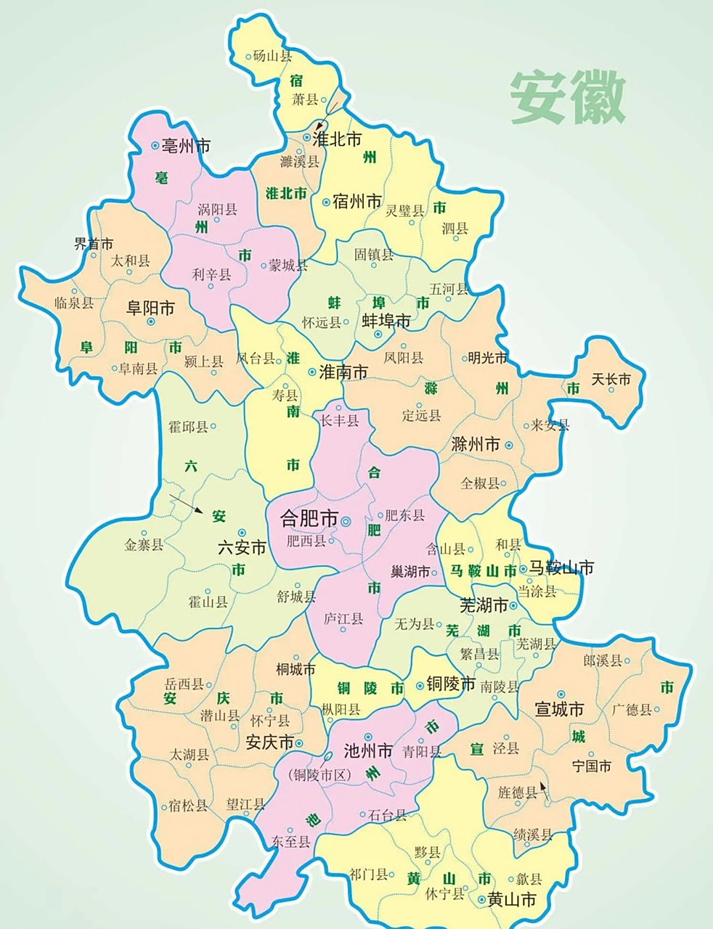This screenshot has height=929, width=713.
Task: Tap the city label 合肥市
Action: tap(309, 519)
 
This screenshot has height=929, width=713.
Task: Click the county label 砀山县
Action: tap(273, 56)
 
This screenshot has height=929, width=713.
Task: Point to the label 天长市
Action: tap(611, 379)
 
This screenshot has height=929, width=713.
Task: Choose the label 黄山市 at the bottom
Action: tap(512, 901)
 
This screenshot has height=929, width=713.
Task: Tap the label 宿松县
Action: tap(188, 805)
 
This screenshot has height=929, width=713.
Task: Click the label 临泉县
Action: tap(74, 303)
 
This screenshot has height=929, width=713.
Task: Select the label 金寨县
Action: tap(144, 544)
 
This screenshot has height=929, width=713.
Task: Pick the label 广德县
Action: tap(631, 709)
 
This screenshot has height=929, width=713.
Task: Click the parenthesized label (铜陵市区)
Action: tap(319, 775)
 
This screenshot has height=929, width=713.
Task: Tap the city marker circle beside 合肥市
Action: tap(346, 520)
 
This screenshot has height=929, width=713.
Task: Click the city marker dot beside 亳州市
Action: tap(155, 146)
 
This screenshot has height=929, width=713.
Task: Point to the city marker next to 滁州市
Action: tap(509, 445)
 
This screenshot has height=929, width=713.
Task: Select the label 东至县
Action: tap(290, 842)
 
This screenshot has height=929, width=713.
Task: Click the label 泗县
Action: tap(455, 229)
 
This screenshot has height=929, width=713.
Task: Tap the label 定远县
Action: tap(422, 416)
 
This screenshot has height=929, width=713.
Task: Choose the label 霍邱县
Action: tap(189, 427)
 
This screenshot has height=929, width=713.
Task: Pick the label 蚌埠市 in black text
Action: tap(386, 321)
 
